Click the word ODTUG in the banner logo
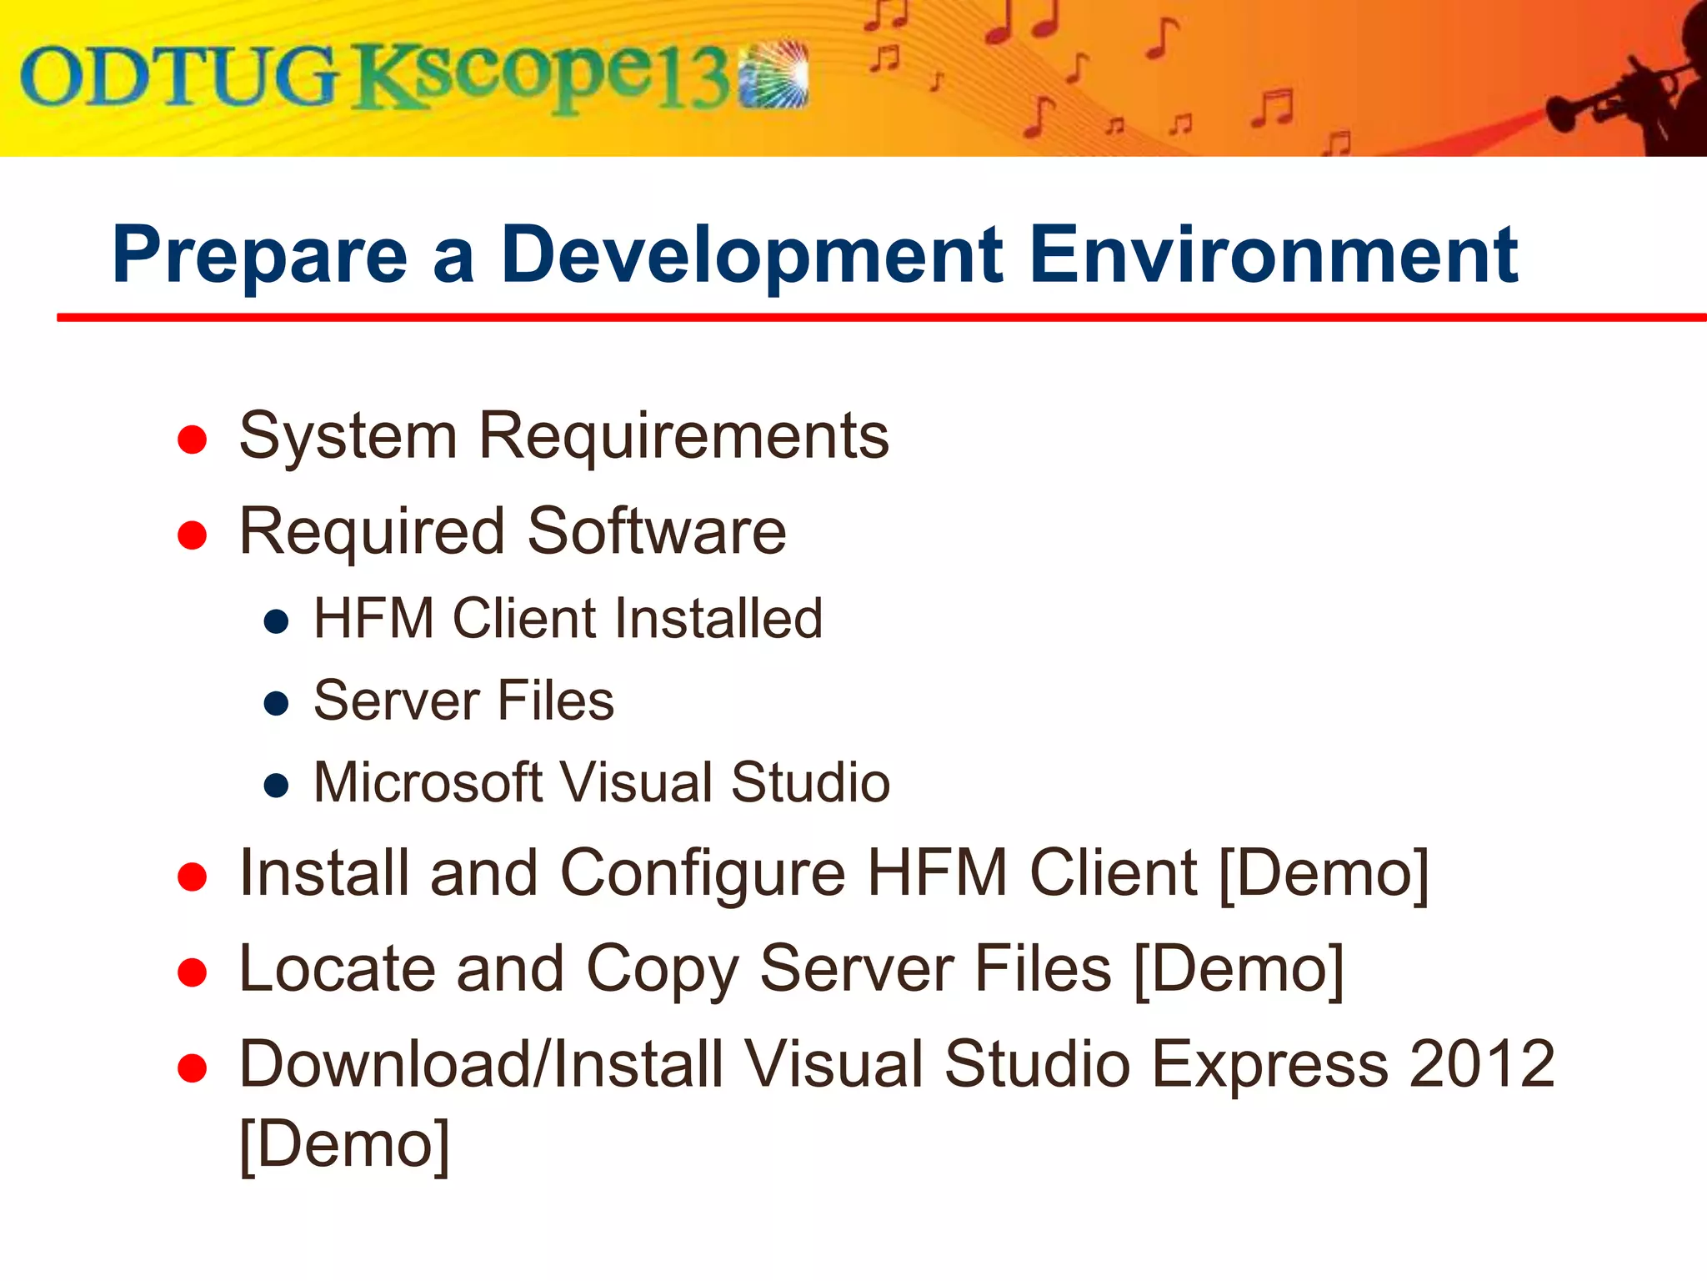(179, 78)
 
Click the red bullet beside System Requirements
(193, 440)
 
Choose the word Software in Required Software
(657, 531)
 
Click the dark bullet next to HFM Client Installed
(276, 621)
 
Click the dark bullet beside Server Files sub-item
(276, 703)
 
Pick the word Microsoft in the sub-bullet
(428, 782)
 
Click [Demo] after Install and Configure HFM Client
(1324, 873)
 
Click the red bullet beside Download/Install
(193, 1067)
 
